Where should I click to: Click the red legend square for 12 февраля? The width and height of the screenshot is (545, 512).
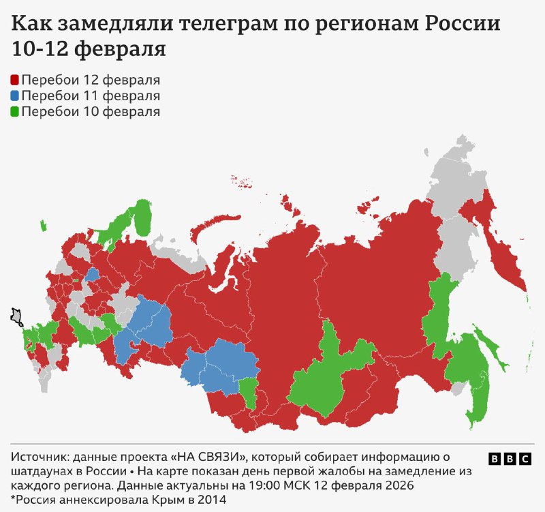pos(15,80)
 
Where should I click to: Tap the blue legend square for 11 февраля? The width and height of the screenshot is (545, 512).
pos(15,96)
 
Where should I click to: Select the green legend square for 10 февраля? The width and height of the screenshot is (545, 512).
pos(15,112)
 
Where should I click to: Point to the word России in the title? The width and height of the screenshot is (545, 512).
pos(463,25)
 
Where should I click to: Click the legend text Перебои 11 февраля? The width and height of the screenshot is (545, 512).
pos(91,96)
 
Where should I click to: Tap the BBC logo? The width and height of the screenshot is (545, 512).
pos(510,459)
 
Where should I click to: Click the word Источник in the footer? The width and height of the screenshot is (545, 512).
pos(40,455)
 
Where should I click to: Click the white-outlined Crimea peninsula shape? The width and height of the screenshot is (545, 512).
pos(16,316)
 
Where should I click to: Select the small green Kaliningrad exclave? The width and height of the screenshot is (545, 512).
pos(43,226)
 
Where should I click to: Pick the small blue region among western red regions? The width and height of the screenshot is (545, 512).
pos(91,275)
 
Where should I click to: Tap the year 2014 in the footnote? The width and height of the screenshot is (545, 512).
pos(212,500)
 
